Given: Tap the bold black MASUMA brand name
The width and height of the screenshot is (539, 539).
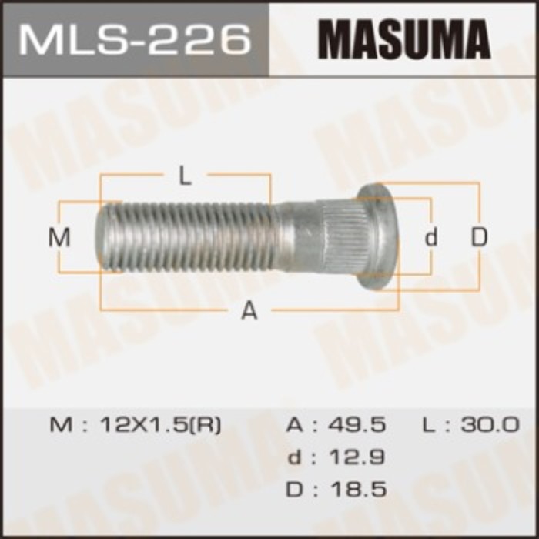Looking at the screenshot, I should click(403, 38).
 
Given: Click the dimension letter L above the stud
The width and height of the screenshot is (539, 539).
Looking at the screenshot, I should click(185, 177).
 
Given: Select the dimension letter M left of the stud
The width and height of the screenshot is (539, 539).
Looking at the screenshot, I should click(59, 238).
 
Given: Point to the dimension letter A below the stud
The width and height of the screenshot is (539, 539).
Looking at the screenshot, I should click(249, 310).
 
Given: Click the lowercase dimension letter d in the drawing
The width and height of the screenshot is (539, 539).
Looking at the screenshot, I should click(431, 238).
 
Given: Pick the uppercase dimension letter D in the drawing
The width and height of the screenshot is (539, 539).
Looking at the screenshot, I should click(480, 238).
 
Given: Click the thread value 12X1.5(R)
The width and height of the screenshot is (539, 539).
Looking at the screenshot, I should click(157, 424).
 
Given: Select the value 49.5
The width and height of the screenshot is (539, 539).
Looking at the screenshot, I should click(356, 424).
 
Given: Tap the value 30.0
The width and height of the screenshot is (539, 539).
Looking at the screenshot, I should click(491, 424).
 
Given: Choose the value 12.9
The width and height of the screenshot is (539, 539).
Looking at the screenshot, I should click(356, 457).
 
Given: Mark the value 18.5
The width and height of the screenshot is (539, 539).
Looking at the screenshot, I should click(356, 489).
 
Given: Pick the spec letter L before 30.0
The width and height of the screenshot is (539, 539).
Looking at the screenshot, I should click(428, 424).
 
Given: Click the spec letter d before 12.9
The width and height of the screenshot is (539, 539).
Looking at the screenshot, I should click(294, 457).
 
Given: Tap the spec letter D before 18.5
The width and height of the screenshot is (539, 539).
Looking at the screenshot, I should click(294, 489).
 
